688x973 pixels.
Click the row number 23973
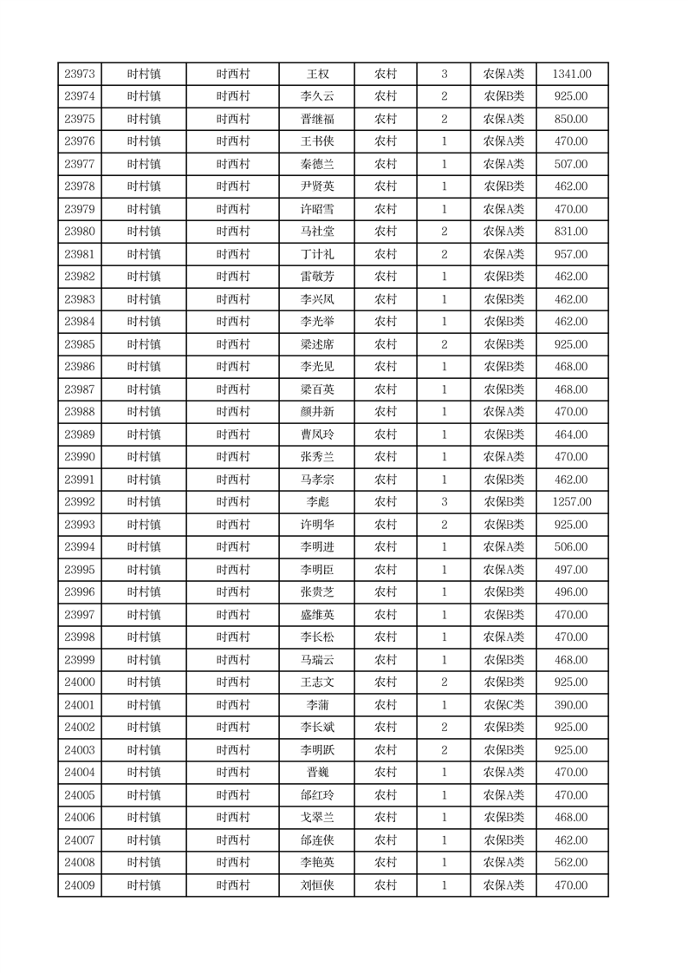click(x=80, y=75)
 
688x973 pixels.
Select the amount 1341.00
click(x=572, y=75)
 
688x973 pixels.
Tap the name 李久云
click(x=317, y=97)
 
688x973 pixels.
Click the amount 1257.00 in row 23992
click(x=572, y=502)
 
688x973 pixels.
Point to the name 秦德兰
click(x=317, y=165)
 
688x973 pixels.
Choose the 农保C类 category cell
click(x=503, y=705)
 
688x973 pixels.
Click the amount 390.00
click(x=572, y=705)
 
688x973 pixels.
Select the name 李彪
click(x=317, y=502)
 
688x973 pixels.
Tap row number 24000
click(x=80, y=682)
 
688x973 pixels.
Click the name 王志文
click(x=317, y=682)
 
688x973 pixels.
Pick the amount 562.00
click(x=572, y=863)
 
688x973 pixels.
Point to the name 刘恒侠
click(x=317, y=885)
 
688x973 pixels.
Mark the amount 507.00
click(x=572, y=165)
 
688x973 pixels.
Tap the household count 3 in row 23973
click(x=445, y=75)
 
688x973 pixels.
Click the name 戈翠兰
click(x=317, y=818)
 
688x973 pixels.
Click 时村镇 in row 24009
click(x=144, y=885)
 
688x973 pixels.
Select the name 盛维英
click(x=317, y=615)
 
